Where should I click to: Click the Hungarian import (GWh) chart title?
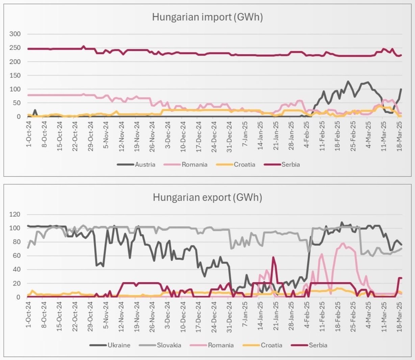point(207,17)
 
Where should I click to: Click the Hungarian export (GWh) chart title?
point(207,197)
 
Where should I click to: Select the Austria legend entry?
point(145,165)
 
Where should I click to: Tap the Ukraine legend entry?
point(119,345)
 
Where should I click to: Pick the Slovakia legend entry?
point(169,345)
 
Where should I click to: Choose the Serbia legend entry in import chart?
point(291,165)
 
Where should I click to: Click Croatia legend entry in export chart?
point(271,345)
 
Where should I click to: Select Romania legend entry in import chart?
point(194,165)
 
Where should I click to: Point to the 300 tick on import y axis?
point(15,34)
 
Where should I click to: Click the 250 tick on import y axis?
point(15,48)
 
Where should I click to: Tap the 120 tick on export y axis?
point(15,215)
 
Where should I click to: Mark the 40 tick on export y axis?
point(17,270)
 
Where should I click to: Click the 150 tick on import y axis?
point(15,75)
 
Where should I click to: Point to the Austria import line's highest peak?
point(347,82)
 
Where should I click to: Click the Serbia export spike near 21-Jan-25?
point(273,257)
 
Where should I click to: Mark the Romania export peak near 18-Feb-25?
point(343,243)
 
